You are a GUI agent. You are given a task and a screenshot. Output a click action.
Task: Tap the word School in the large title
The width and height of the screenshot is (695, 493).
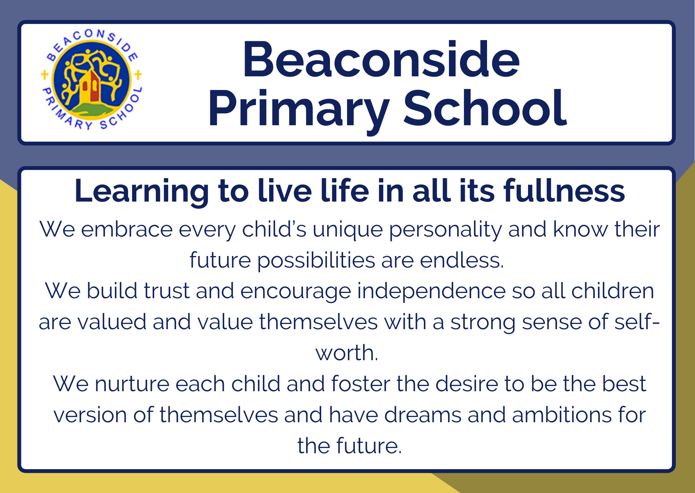pos(485,108)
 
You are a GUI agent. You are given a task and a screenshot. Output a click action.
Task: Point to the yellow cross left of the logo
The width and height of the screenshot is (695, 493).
pos(45,74)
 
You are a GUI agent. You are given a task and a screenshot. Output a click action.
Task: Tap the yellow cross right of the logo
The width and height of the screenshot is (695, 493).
pos(138,74)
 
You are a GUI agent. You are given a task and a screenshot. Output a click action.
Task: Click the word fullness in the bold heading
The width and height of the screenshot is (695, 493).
pos(564,191)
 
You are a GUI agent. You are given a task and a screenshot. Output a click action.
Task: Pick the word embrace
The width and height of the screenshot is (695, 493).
pos(127,229)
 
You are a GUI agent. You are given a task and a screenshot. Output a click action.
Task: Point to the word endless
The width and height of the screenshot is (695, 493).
pos(462,260)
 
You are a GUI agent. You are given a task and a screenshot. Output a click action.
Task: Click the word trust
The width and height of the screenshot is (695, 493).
pos(167,291)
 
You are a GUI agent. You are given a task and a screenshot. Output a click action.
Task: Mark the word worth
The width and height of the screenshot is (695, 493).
pos(347,353)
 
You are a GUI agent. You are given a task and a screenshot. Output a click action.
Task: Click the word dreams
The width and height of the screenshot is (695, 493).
pos(423,415)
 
